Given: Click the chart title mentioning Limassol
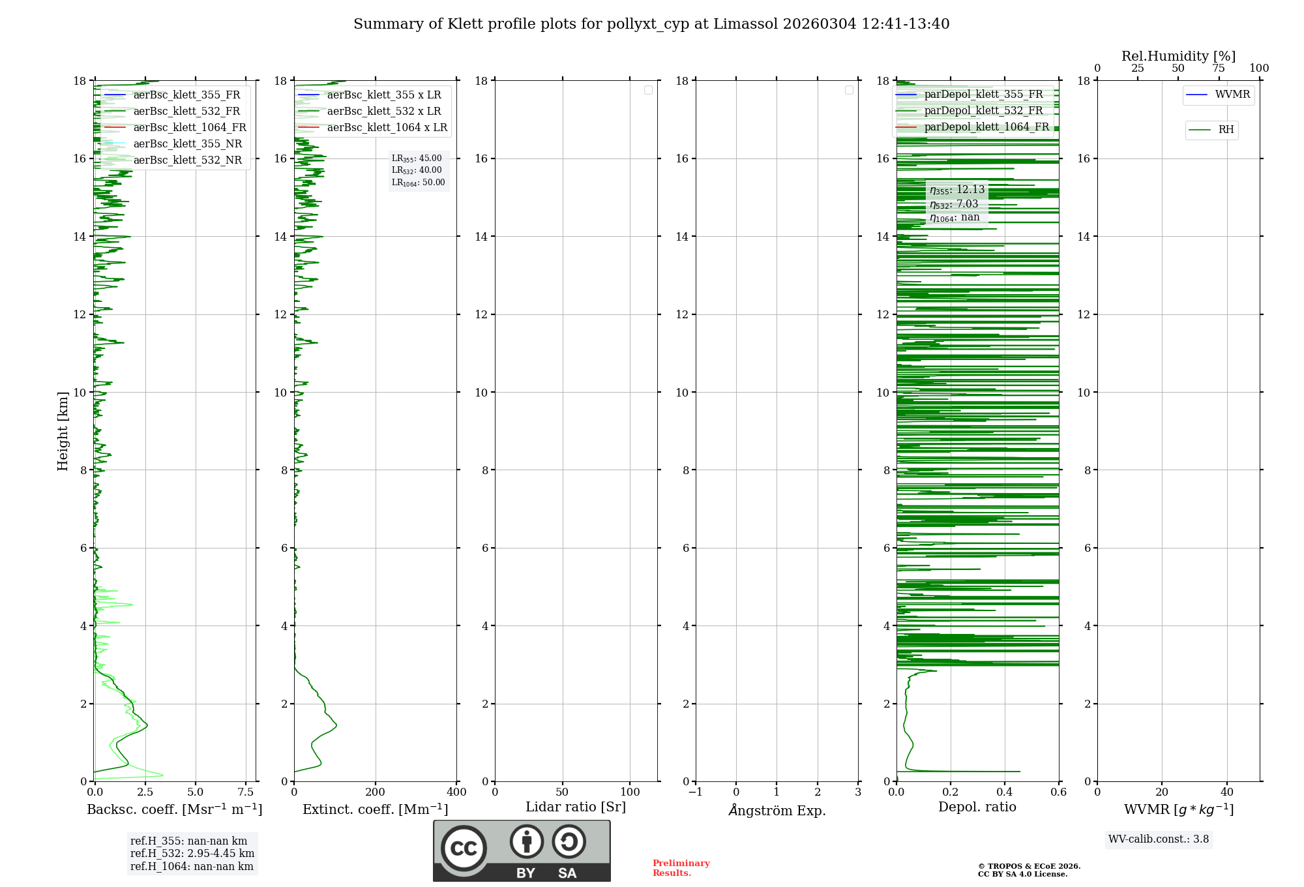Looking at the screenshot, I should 651,24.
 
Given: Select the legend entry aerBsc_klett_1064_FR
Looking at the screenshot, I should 189,128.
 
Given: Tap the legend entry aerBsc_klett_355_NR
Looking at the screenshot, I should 187,144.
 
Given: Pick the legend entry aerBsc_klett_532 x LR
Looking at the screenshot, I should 383,112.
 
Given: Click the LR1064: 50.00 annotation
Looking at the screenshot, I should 418,183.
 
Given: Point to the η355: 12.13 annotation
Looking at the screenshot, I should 956,190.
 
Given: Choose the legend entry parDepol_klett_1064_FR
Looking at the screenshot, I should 986,127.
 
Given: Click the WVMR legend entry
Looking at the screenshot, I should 1232,95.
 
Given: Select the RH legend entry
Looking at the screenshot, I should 1225,130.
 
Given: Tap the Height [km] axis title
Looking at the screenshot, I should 63,431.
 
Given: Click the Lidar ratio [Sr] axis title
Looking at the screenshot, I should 576,807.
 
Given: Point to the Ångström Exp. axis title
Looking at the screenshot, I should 777,811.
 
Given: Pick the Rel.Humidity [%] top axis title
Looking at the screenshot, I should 1178,56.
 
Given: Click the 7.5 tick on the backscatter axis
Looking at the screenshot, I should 245,792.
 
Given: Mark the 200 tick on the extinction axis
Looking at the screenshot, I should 375,792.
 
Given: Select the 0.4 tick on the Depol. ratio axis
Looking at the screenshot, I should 1005,792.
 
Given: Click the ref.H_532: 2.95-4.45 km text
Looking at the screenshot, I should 192,854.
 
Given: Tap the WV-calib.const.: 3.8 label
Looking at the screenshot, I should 1158,839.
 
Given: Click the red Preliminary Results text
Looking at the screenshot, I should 681,868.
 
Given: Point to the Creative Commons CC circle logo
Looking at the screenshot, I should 464,849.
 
